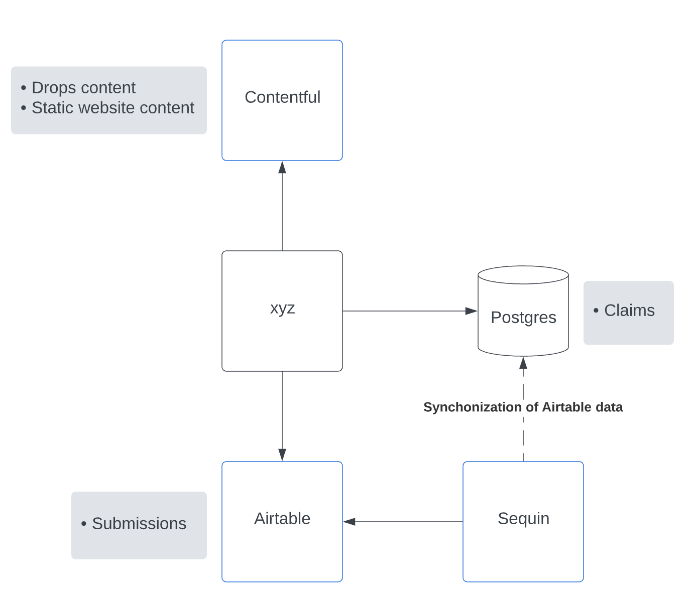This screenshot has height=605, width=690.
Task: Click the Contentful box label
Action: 282,97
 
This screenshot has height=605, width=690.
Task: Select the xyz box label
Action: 282,308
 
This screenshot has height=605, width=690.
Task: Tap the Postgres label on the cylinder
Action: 523,318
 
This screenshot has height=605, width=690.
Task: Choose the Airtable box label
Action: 282,518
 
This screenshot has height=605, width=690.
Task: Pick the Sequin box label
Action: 523,518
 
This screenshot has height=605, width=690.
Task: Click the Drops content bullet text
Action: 83,88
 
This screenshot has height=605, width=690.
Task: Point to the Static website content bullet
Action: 113,108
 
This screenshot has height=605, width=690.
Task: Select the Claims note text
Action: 629,311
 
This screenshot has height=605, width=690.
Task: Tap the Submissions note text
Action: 139,524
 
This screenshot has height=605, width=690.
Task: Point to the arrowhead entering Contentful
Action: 282,168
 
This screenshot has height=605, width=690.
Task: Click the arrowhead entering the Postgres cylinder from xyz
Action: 471,311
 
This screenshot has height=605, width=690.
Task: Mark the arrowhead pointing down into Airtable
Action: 282,454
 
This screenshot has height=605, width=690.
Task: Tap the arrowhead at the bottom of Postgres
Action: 523,363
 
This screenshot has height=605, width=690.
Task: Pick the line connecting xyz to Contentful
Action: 282,211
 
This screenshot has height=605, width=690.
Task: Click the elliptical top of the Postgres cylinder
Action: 523,275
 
